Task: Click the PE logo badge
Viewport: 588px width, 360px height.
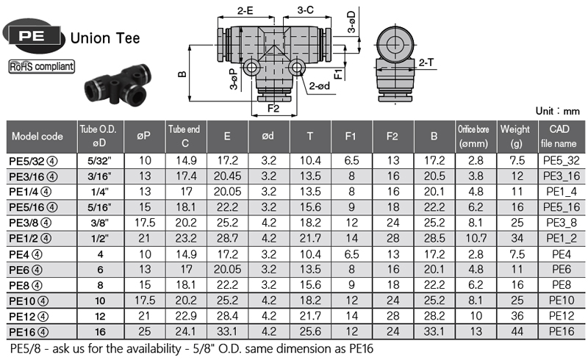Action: pos(33,36)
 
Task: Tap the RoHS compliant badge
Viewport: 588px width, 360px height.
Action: pos(42,66)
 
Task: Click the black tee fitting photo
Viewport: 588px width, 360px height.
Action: pos(118,84)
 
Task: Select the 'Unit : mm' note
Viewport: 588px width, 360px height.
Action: pos(557,111)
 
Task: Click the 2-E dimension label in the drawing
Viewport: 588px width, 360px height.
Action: pos(245,10)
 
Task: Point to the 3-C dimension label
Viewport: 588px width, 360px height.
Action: pos(305,10)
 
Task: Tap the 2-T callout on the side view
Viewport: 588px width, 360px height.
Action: pos(426,62)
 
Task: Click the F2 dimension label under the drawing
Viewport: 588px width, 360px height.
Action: pos(273,109)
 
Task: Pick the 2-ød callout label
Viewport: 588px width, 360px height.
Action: pos(320,86)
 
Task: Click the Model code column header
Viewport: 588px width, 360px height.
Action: pos(37,136)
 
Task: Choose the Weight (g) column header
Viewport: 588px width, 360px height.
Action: pos(517,137)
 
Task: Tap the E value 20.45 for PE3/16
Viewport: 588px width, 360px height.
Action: pos(227,176)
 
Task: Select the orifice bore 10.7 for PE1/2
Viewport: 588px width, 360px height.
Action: pos(476,238)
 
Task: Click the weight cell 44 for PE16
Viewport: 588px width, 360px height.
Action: pos(517,331)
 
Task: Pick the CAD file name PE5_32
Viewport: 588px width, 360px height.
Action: pos(562,161)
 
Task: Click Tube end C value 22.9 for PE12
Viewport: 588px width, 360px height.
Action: pos(186,316)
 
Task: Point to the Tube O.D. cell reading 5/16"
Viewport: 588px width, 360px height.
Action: pos(100,207)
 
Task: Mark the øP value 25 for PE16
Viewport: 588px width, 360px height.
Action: pos(144,331)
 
